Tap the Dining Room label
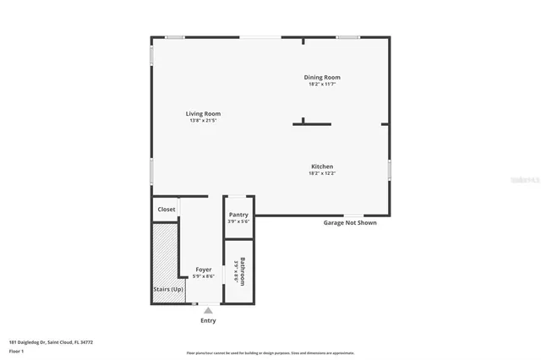tap(322, 77)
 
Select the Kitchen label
tap(322, 166)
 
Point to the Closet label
tap(167, 209)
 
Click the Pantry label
tap(238, 215)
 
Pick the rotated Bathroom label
tap(243, 270)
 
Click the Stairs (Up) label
tap(168, 289)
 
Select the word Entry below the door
tap(208, 320)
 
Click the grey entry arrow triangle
tap(208, 311)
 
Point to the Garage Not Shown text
tap(350, 223)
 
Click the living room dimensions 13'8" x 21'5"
tap(204, 120)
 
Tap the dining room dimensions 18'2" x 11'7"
tap(322, 84)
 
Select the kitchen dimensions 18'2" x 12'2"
tap(322, 173)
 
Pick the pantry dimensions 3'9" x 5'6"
tap(238, 221)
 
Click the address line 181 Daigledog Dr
tap(51, 342)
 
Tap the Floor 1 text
tap(16, 351)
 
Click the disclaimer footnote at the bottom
tap(270, 353)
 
